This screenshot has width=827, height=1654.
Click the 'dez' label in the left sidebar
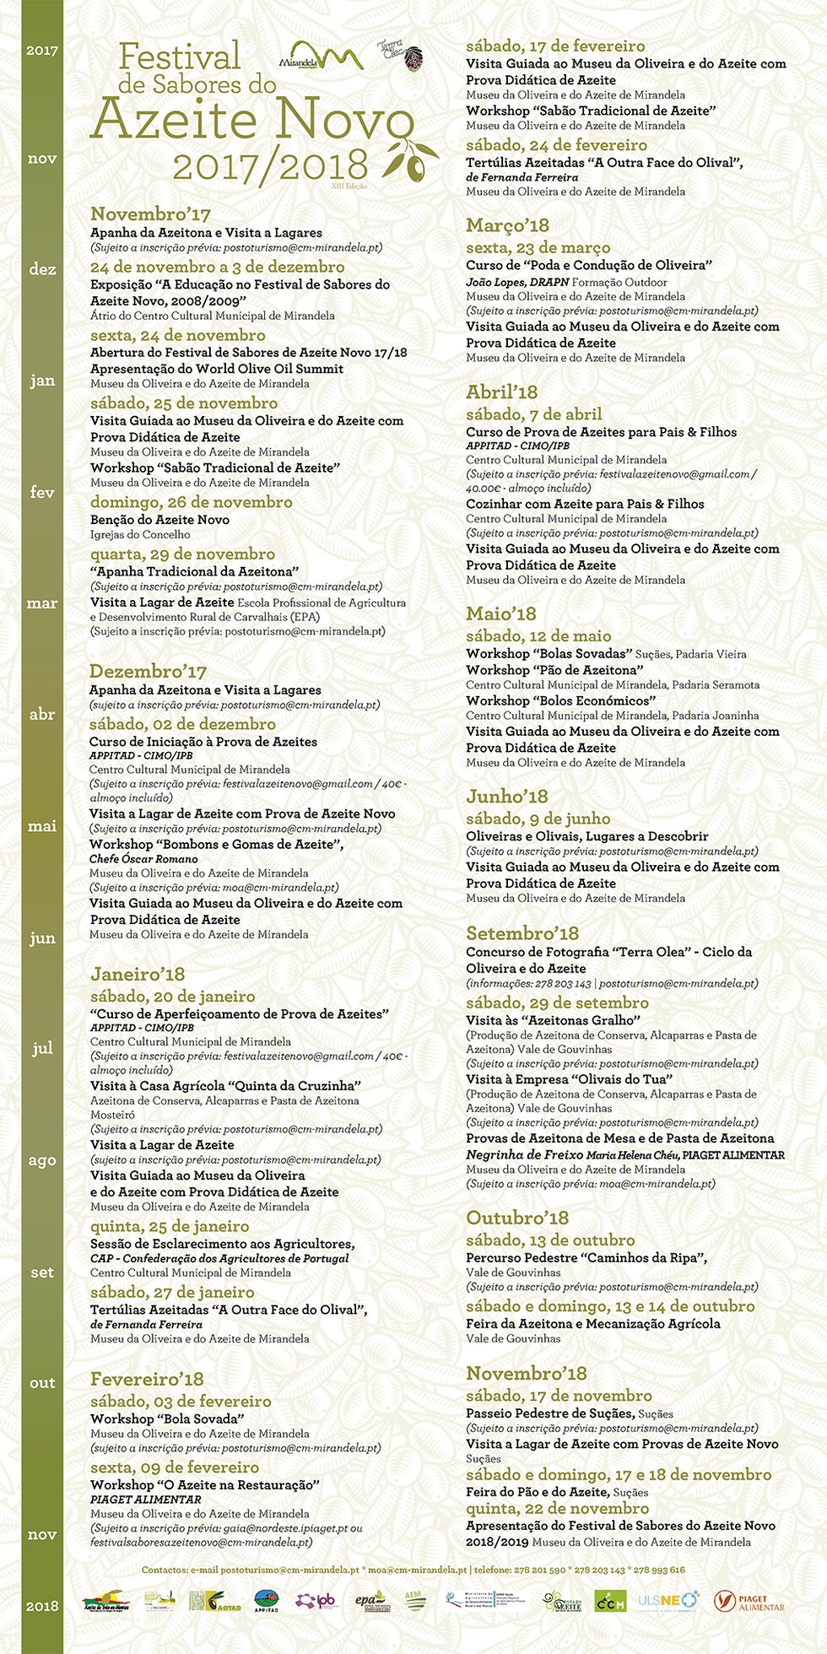tap(42, 269)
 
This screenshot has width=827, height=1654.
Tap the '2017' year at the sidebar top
tap(42, 50)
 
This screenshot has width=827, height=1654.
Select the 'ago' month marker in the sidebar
tap(42, 1160)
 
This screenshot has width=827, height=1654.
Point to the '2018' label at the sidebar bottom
tap(42, 1606)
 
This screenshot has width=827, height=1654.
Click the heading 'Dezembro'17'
tap(148, 672)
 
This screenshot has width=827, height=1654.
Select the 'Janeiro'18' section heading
tap(138, 974)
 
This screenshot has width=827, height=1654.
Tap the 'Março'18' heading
tap(507, 225)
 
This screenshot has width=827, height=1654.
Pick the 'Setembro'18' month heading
tap(522, 933)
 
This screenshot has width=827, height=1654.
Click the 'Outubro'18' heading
tap(517, 1218)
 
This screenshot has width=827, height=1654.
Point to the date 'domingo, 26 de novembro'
tap(192, 502)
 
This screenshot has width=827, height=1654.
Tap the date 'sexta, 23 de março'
tap(538, 247)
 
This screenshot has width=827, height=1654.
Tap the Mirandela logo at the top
tap(321, 57)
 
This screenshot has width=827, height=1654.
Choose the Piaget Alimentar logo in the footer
tap(749, 1602)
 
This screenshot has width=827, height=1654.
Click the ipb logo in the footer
tap(316, 1601)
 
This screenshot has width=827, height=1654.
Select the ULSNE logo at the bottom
tap(668, 1601)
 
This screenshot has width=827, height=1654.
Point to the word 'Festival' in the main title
tap(180, 57)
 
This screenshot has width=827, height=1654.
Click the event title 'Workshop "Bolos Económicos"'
tap(560, 700)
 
